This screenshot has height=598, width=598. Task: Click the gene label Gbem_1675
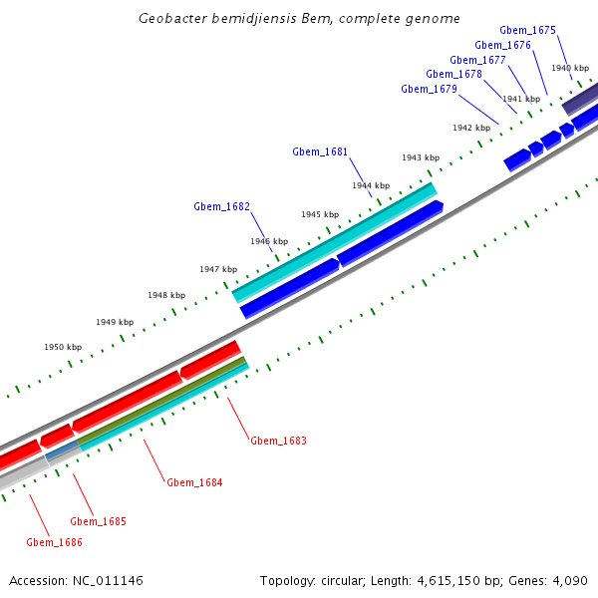[x=527, y=31]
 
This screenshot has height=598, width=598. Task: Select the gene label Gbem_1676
[x=502, y=45]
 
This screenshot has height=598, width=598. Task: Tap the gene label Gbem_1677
[x=477, y=60]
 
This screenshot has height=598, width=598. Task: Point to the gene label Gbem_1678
[x=453, y=75]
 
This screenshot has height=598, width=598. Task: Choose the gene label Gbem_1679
[x=429, y=90]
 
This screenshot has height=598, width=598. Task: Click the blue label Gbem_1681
[x=320, y=152]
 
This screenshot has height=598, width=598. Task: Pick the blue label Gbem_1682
[x=221, y=207]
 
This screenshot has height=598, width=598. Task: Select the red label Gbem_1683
[x=278, y=441]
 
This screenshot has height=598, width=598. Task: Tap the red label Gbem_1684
[x=194, y=482]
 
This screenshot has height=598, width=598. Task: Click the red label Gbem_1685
[x=98, y=521]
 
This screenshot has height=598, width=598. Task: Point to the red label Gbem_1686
[x=54, y=542]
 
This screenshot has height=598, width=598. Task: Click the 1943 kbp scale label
[x=421, y=158]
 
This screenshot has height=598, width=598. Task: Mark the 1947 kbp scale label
[x=218, y=270]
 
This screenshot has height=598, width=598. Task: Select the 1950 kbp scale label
[x=63, y=348]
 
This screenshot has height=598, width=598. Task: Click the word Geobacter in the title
[x=171, y=19]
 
